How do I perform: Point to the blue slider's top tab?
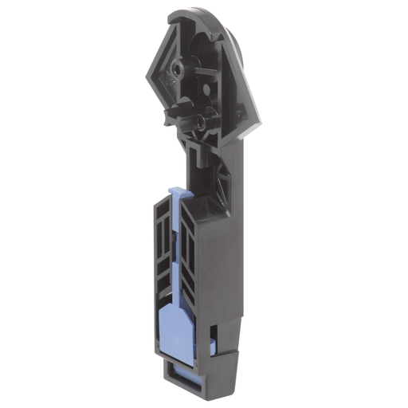tap(179, 194)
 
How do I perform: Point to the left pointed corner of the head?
tap(149, 76)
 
